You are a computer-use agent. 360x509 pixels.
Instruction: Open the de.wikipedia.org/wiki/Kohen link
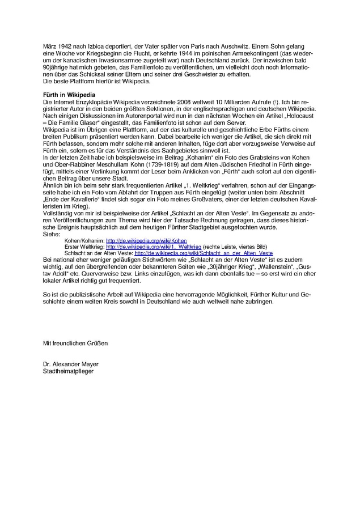click(x=139, y=241)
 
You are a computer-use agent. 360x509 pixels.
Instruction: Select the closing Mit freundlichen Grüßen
click(x=75, y=343)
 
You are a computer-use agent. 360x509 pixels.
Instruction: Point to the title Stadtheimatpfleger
click(x=69, y=372)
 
